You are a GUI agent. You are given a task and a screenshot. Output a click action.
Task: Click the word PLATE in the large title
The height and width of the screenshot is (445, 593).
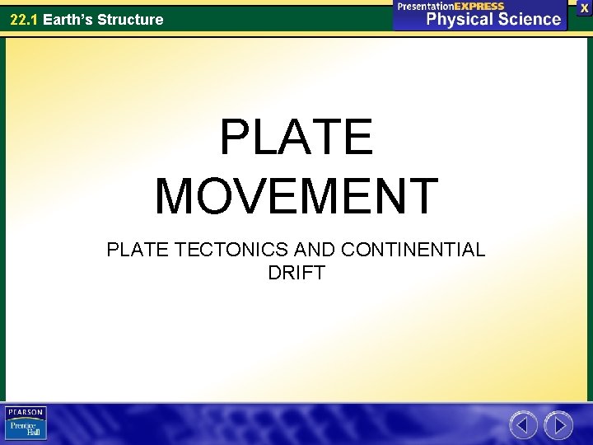(x=296, y=138)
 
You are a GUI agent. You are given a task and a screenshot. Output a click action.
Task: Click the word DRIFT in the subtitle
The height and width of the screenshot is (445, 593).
(x=296, y=272)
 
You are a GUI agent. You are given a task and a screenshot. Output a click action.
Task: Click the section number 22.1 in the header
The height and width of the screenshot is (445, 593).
(x=24, y=19)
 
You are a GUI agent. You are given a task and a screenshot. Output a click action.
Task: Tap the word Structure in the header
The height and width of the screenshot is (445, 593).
(x=132, y=19)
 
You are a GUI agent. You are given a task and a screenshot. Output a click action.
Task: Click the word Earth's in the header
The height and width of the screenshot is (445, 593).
(x=69, y=19)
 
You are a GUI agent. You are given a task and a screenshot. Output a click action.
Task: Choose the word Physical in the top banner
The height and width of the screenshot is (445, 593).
(x=460, y=19)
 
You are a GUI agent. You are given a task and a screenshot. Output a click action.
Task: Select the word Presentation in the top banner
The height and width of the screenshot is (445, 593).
(x=428, y=6)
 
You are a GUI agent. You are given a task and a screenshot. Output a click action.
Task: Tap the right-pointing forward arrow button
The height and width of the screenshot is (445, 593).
(x=559, y=425)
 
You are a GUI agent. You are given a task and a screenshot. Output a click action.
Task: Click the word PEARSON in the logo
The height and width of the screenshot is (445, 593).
(x=26, y=411)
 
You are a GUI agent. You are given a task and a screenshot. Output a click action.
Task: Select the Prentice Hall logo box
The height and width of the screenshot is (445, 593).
(x=26, y=429)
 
